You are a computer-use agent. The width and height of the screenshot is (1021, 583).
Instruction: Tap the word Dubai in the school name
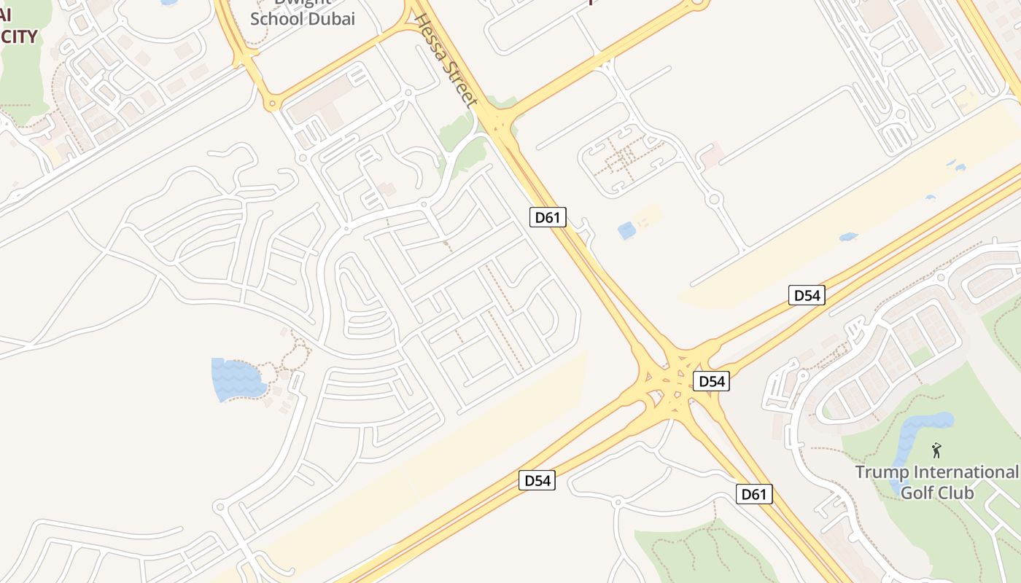pos(332,19)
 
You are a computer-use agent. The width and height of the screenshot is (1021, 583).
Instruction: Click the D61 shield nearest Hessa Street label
pos(548,216)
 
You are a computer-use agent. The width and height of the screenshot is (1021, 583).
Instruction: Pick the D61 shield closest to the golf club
pos(753,494)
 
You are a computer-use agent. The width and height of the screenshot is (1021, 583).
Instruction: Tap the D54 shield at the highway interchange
pos(710,381)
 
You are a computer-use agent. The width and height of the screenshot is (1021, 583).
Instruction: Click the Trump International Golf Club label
pos(936,482)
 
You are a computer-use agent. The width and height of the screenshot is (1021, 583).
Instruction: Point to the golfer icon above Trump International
pos(936,450)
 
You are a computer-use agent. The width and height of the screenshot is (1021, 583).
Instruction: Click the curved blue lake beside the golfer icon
pos(912,437)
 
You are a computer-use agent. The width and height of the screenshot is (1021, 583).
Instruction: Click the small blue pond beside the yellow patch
pos(626,231)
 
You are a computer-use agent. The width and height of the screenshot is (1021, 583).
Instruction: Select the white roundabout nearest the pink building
pos(714,199)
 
